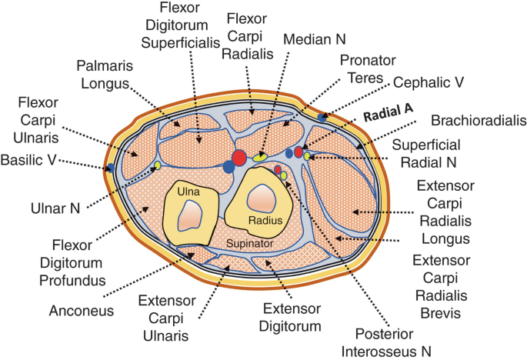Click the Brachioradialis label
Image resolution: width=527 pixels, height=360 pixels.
tap(477, 121)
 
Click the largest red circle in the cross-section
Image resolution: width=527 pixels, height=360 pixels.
tap(238, 158)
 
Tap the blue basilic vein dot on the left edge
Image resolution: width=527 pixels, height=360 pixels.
tap(111, 167)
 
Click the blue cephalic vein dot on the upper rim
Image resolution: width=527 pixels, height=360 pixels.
tap(322, 118)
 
